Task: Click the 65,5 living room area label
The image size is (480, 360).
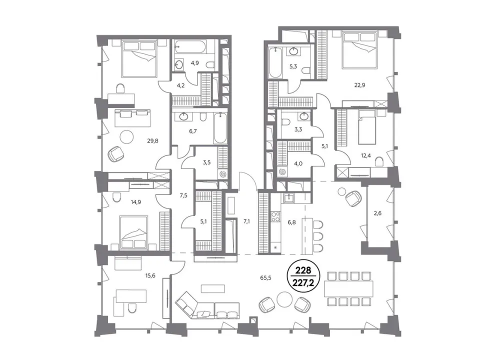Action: point(266,278)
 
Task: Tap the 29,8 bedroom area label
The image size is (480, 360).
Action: point(152,141)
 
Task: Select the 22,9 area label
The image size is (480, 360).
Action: point(359,85)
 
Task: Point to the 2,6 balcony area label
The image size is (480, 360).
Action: point(378,213)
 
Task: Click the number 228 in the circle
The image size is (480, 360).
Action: point(303,270)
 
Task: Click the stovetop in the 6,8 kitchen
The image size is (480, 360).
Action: point(275,216)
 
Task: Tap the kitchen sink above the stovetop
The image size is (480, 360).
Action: point(288,198)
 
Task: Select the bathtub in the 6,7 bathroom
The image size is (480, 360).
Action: point(220,128)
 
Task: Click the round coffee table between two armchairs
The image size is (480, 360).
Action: point(285,299)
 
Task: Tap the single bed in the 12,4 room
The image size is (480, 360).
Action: point(366,127)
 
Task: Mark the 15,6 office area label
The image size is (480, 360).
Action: point(150,276)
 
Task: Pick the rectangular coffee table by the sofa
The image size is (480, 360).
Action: point(213,288)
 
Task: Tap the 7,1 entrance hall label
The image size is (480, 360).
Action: point(246,221)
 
